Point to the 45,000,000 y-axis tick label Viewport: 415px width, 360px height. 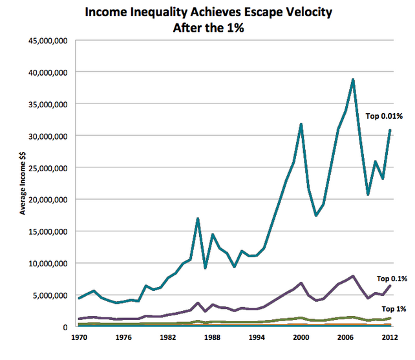(x=49, y=40)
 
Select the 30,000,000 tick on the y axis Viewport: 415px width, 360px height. (x=49, y=136)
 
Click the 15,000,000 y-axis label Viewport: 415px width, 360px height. (x=49, y=231)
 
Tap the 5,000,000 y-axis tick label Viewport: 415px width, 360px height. (x=51, y=295)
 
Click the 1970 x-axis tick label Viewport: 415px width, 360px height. (x=78, y=337)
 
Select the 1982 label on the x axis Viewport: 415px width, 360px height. (x=167, y=337)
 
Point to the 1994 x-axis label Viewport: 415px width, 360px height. (x=257, y=337)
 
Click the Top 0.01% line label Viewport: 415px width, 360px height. (x=385, y=117)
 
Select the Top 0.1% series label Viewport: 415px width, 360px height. (x=392, y=279)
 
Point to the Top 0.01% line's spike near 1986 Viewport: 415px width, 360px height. (x=197, y=218)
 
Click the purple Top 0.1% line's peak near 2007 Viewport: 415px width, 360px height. (x=353, y=276)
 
